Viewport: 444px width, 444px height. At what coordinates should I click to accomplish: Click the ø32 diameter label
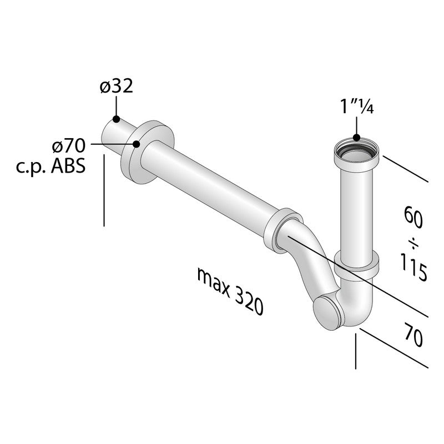point(117,87)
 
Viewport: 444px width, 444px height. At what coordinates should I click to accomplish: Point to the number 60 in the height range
point(413,218)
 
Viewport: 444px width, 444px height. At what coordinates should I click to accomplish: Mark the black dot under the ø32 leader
point(116,119)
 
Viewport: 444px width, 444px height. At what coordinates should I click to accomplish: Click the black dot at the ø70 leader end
point(136,144)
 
